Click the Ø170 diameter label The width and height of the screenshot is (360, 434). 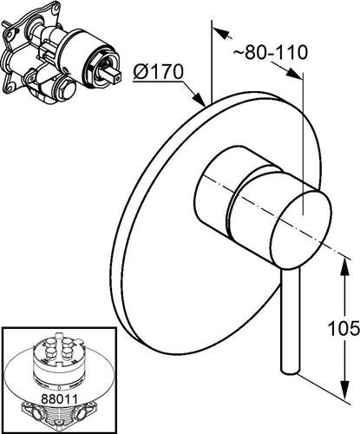[x=158, y=71]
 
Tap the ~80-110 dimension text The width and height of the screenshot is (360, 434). [x=270, y=53]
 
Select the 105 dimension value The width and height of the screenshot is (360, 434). [x=344, y=328]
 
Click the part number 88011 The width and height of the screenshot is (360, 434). [x=59, y=399]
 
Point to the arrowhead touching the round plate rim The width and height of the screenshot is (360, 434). [x=200, y=99]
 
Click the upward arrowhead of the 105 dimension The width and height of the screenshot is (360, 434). [x=345, y=266]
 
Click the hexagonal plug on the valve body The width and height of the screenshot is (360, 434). [x=68, y=87]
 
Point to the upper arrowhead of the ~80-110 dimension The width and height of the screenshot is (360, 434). [x=223, y=33]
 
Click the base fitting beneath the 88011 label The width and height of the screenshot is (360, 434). [x=59, y=418]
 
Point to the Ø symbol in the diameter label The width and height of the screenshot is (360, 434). [x=141, y=72]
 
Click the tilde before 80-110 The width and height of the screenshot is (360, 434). [x=239, y=53]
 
